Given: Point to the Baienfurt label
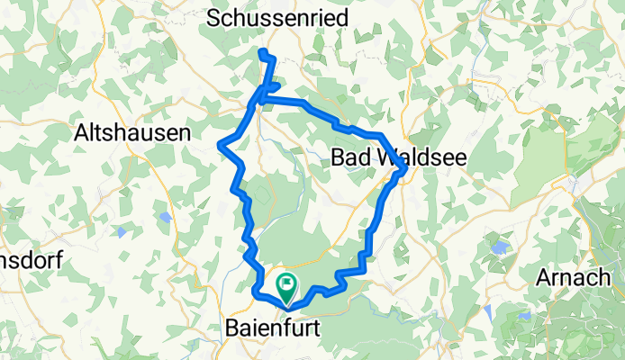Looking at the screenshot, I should [x=270, y=328].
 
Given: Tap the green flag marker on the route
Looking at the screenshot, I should [x=286, y=288].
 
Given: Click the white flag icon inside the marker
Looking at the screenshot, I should [x=286, y=285].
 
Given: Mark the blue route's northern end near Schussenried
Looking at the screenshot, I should [x=261, y=52].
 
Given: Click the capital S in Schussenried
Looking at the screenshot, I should [x=214, y=17].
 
